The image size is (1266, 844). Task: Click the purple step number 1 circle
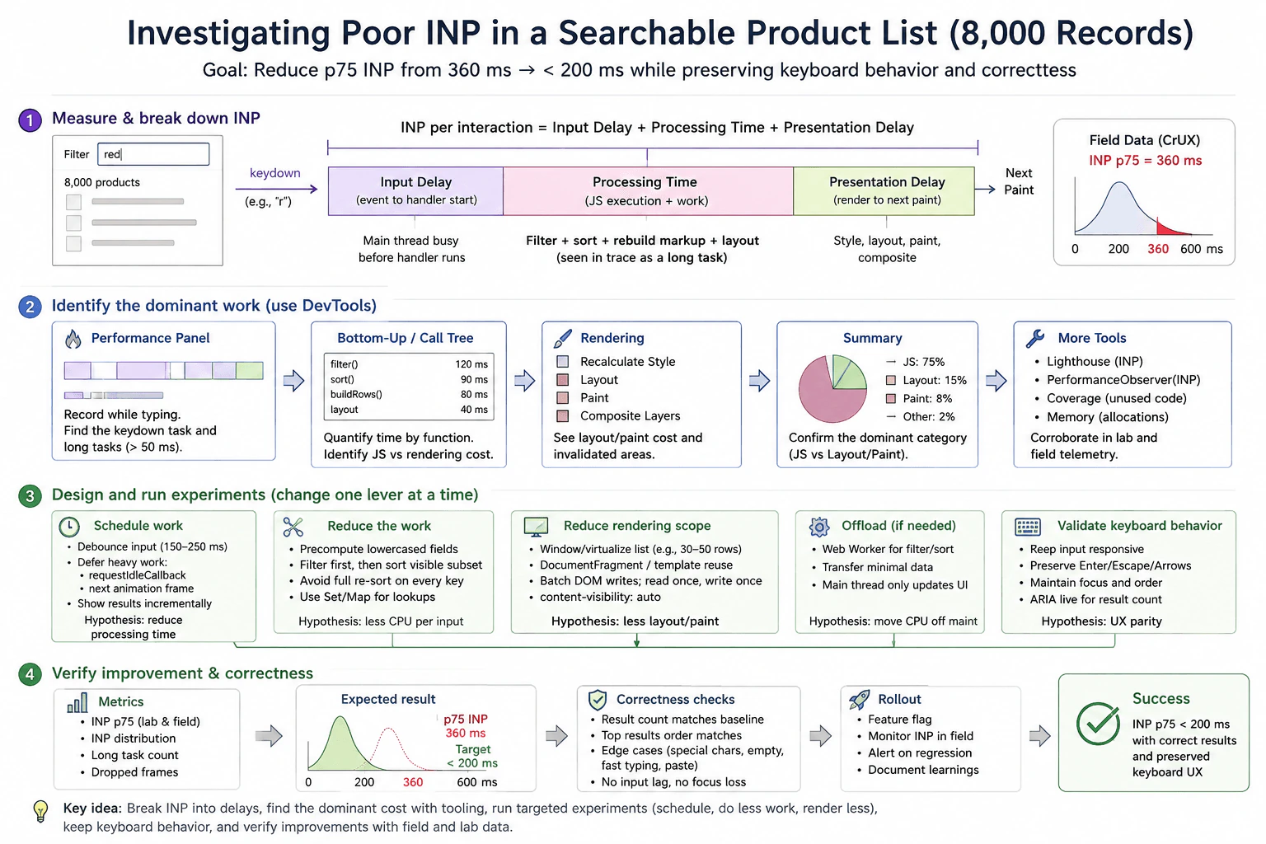pyautogui.click(x=30, y=120)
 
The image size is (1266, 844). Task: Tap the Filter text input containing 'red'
pyautogui.click(x=153, y=154)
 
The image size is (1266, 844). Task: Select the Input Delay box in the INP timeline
pyautogui.click(x=415, y=191)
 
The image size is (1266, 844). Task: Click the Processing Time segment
pyautogui.click(x=648, y=191)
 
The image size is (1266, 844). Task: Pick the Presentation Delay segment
pyautogui.click(x=884, y=191)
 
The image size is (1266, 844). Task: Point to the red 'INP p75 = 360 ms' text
pyautogui.click(x=1145, y=161)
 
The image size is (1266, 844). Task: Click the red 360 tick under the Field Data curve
pyautogui.click(x=1157, y=249)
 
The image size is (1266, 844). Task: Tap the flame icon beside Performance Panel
pyautogui.click(x=73, y=339)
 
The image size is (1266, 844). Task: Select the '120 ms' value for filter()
pyautogui.click(x=471, y=364)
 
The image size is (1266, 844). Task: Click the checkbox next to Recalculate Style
pyautogui.click(x=562, y=362)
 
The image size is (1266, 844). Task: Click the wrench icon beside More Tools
pyautogui.click(x=1035, y=338)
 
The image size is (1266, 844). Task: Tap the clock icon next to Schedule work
pyautogui.click(x=69, y=527)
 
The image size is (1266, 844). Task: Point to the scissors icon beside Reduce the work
pyautogui.click(x=293, y=527)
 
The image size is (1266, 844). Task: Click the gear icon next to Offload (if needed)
pyautogui.click(x=819, y=527)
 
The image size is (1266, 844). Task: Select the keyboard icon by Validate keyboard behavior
pyautogui.click(x=1028, y=527)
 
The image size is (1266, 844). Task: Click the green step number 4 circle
pyautogui.click(x=30, y=674)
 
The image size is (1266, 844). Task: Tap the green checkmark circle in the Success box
pyautogui.click(x=1098, y=724)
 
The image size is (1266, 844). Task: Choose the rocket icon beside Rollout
pyautogui.click(x=859, y=700)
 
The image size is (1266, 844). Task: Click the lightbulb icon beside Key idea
pyautogui.click(x=40, y=811)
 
